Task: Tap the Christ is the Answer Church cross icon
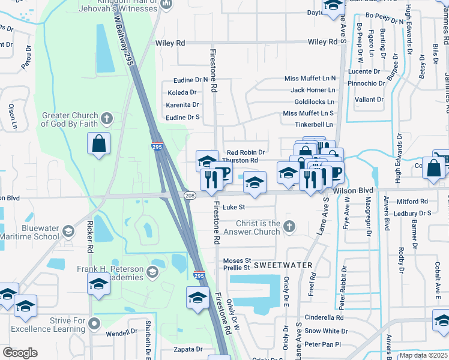[289, 226]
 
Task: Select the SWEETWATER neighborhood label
[283, 265]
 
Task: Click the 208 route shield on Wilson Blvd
[189, 196]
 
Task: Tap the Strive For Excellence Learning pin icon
[94, 324]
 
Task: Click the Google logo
[20, 353]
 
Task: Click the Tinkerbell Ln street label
[313, 124]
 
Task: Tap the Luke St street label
[234, 207]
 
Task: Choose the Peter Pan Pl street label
[322, 344]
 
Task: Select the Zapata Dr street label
[187, 349]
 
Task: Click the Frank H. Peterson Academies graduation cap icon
[152, 272]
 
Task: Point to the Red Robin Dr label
[245, 153]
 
